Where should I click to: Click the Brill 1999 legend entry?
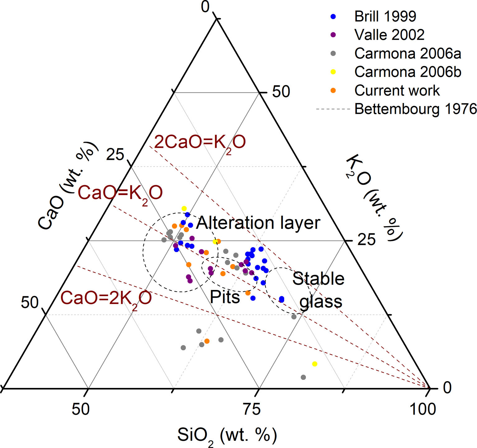385,16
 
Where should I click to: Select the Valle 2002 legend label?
389,35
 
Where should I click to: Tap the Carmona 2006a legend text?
408,54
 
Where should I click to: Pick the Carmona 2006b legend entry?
408,72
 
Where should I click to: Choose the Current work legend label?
397,91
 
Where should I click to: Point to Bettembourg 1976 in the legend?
415,109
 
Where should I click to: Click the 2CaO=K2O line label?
200,142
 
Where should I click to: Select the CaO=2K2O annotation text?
106,298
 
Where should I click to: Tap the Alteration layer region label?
258,223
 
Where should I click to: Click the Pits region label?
225,297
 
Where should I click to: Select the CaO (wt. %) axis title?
67,186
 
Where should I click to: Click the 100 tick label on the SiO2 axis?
423,409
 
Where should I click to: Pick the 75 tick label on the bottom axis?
251,409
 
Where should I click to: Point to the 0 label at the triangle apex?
205,7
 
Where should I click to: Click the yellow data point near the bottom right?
315,364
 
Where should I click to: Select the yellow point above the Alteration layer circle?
184,208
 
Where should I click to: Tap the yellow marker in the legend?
333,72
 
